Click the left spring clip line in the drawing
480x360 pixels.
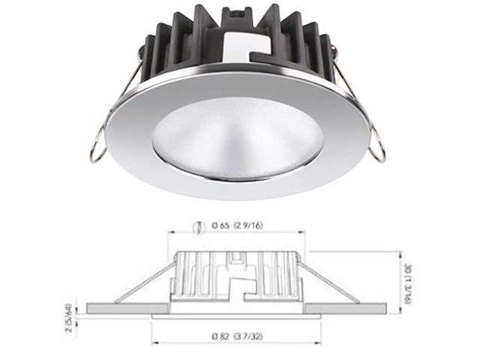142,286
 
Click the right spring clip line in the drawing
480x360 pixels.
330,285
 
